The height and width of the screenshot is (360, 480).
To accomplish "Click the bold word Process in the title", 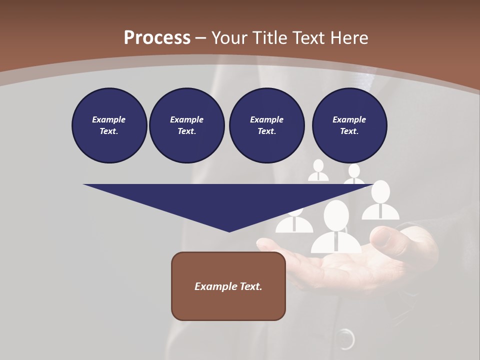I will (157, 38).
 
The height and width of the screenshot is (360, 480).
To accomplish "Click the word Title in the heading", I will (269, 38).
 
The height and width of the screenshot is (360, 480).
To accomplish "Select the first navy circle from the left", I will (109, 125).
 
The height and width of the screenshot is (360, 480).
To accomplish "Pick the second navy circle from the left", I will (186, 125).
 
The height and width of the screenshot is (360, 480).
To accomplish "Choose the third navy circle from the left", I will (266, 125).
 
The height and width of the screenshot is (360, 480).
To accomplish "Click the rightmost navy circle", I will (349, 125).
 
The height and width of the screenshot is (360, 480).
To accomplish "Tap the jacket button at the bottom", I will (344, 339).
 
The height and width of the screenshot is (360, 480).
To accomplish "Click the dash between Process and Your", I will (200, 38).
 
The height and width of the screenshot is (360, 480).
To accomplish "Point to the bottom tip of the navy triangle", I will (229, 230).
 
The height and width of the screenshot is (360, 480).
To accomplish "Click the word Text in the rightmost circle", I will (349, 131).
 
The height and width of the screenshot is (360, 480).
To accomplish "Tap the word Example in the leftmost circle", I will (109, 119).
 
